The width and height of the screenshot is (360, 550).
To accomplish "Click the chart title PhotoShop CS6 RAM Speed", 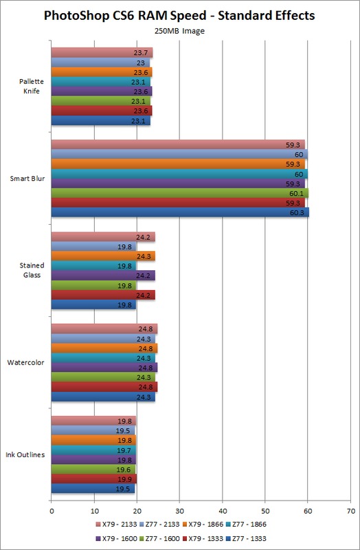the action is [x=125, y=16].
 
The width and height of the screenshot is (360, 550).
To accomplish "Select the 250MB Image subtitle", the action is [x=179, y=31].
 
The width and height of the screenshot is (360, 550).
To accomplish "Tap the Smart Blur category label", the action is [x=27, y=179].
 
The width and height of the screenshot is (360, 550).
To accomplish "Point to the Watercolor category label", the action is [x=25, y=362].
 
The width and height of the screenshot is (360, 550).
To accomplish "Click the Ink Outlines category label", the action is [x=25, y=454].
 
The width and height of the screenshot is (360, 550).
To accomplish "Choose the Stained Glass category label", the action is [x=32, y=270].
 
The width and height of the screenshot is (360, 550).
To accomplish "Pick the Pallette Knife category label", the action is [x=32, y=87].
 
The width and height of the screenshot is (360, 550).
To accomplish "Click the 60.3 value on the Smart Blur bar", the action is [x=297, y=212].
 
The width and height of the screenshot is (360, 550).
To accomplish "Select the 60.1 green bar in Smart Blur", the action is [x=180, y=193].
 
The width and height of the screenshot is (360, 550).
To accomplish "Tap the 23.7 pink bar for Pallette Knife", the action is [x=102, y=54].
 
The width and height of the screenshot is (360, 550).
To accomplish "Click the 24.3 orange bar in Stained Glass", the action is [x=103, y=256].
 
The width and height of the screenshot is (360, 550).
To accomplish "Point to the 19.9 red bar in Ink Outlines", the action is [x=94, y=479].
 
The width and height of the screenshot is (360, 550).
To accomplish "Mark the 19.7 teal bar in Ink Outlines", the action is [x=93, y=450].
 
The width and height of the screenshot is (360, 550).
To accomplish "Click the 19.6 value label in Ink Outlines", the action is [x=124, y=470].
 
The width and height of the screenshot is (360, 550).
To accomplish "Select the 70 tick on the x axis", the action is [x=350, y=511].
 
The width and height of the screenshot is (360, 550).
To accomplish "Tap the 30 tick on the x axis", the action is [x=179, y=511].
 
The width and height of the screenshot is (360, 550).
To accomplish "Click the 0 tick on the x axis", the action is [x=52, y=511].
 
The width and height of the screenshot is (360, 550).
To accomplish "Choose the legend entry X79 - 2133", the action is [x=116, y=525].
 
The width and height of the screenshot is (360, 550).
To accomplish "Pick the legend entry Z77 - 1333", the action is [x=246, y=539].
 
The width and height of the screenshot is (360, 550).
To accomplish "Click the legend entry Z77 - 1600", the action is [x=160, y=539].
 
